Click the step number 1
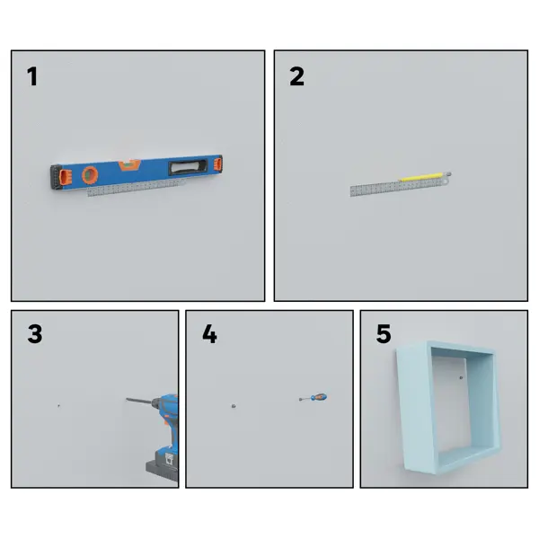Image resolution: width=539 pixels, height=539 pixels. click(32, 76)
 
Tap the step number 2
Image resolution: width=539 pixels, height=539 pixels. click(296, 76)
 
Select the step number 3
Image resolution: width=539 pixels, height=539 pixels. click(35, 334)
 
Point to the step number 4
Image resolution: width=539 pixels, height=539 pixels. click(209, 334)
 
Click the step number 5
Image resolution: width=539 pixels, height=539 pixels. click(384, 334)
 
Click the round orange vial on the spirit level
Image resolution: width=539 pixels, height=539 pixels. click(90, 175)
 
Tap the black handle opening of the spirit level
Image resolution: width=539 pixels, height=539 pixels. click(188, 167)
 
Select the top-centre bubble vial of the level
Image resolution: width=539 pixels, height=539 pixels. click(129, 165)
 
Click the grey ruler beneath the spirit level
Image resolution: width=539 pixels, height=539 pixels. click(137, 188)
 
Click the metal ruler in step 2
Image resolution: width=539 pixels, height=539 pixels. click(400, 186)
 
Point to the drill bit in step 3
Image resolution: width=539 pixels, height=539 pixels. click(138, 401)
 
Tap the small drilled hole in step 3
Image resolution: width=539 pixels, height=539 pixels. click(58, 406)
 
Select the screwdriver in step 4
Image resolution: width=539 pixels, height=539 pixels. click(313, 398)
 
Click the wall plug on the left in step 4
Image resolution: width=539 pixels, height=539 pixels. click(234, 406)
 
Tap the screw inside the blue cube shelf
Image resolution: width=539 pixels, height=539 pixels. click(461, 378)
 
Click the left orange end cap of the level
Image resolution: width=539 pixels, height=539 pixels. click(66, 177)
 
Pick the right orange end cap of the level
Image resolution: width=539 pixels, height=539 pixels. click(217, 163)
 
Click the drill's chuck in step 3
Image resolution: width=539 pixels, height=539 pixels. click(156, 403)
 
